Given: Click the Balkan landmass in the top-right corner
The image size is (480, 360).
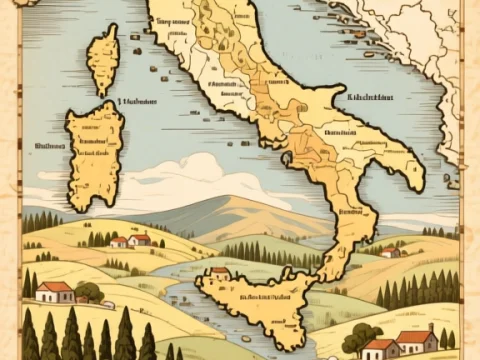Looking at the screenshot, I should pos(420,40).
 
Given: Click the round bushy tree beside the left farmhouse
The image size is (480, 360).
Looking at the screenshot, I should pos(88,292).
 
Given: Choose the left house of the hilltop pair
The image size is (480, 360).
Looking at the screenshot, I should pos(119,241).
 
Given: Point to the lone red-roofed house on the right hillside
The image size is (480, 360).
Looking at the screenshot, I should pos(390,252).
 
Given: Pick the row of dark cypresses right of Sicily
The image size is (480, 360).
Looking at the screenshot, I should pos(420,290).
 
